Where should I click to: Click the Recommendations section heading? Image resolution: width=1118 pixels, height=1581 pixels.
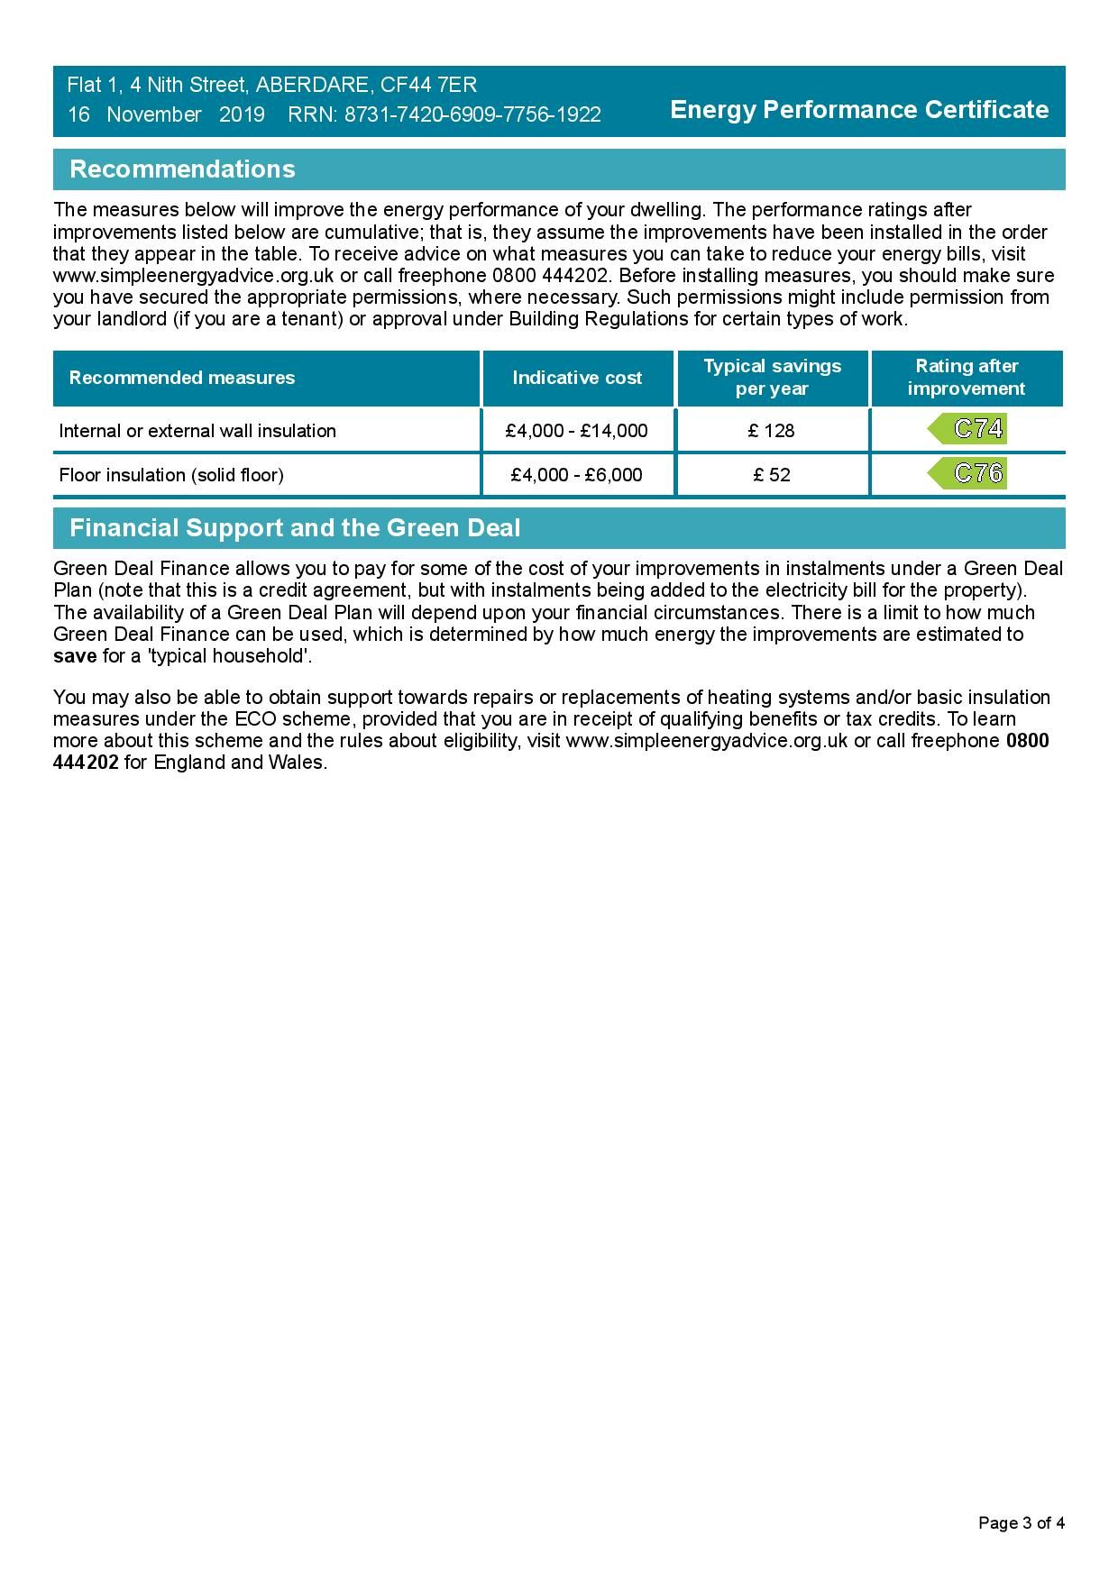(182, 169)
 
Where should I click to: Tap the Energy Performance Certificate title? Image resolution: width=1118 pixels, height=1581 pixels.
(859, 110)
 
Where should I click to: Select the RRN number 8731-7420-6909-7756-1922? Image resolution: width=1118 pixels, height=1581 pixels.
(472, 115)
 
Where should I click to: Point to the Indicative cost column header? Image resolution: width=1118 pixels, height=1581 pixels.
(577, 378)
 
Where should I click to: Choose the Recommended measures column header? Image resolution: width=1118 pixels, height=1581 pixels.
(182, 378)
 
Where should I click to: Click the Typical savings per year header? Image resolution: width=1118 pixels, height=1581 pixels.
(772, 378)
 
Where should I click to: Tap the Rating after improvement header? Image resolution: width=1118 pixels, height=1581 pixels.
(967, 378)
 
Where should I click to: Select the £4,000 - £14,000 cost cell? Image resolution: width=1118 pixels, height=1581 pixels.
(577, 431)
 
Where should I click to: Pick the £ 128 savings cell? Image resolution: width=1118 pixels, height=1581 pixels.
(772, 431)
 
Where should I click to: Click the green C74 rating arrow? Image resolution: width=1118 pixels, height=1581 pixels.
(967, 429)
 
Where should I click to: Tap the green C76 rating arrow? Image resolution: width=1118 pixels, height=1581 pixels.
(967, 473)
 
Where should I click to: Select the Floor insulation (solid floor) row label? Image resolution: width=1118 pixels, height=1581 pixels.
(171, 475)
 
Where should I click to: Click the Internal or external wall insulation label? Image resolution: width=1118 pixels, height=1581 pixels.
(197, 431)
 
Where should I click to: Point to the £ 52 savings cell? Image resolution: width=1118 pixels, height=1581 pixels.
(772, 475)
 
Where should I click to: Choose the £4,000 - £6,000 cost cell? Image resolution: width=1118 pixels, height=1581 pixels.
(577, 475)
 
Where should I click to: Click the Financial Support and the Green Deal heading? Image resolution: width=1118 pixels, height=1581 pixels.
(295, 528)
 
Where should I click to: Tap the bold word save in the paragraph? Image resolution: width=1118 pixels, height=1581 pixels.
(75, 656)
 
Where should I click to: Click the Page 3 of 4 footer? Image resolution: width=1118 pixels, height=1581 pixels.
(1022, 1523)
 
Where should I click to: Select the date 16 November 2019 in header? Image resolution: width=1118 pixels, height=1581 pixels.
(166, 115)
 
